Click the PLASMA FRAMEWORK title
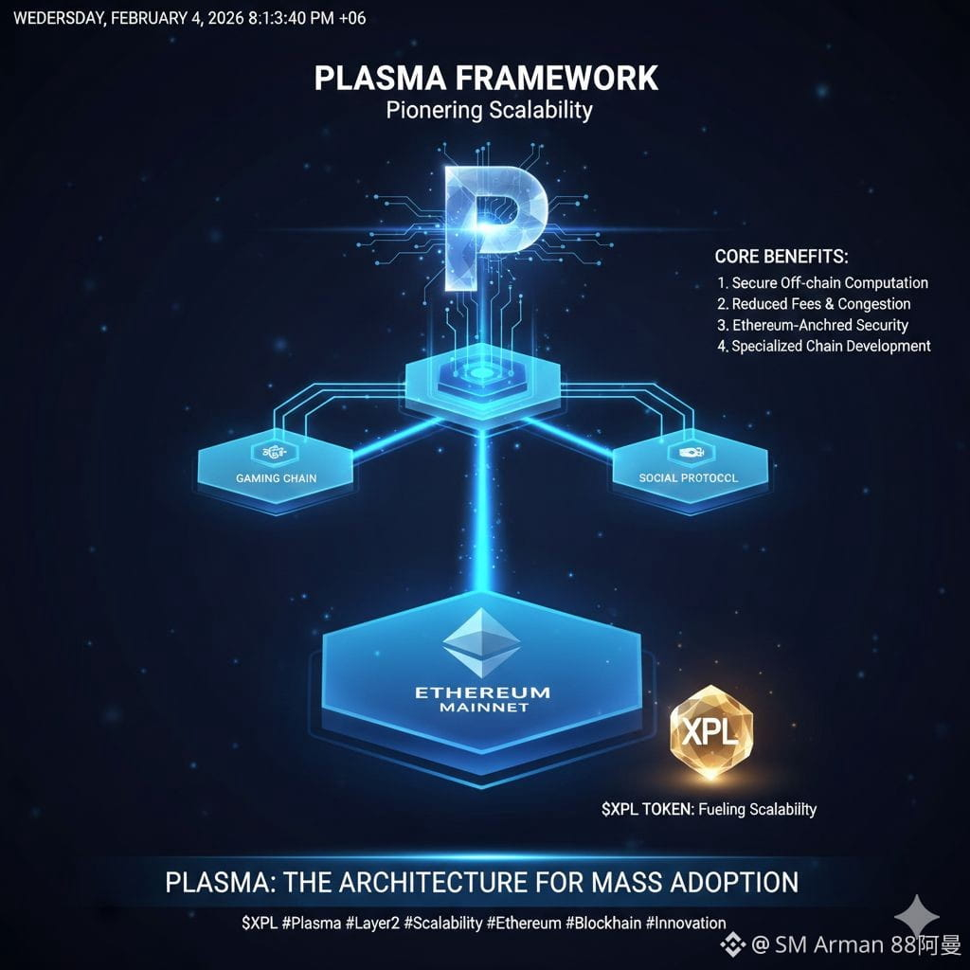pyautogui.click(x=486, y=78)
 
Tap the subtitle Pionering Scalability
pyautogui.click(x=489, y=110)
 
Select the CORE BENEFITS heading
pyautogui.click(x=781, y=257)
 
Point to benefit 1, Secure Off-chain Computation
pyautogui.click(x=822, y=283)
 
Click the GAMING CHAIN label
pyautogui.click(x=276, y=478)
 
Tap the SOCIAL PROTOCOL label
pyautogui.click(x=689, y=478)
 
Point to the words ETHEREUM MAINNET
pyautogui.click(x=482, y=699)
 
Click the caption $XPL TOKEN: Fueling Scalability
pyautogui.click(x=709, y=809)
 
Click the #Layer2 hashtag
pyautogui.click(x=365, y=923)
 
